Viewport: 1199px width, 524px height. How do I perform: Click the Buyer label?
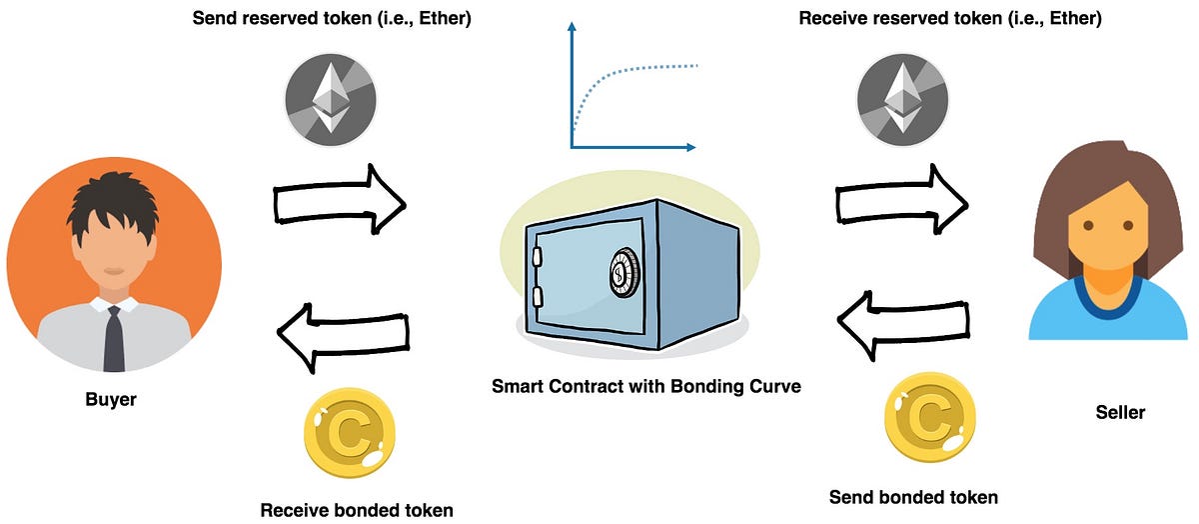(x=111, y=400)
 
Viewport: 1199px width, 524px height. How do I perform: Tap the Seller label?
(x=1119, y=412)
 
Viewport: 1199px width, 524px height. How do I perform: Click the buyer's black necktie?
(x=114, y=337)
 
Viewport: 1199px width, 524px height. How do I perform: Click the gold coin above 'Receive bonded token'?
(x=346, y=438)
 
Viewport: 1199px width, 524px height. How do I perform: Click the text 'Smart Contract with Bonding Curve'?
(x=646, y=386)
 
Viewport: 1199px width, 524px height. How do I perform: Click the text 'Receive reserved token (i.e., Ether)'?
(x=950, y=18)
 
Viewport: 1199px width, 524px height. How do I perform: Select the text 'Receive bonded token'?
(x=357, y=510)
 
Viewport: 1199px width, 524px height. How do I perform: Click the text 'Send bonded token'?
(x=914, y=497)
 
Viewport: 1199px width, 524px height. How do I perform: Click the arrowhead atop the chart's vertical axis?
(x=573, y=29)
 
